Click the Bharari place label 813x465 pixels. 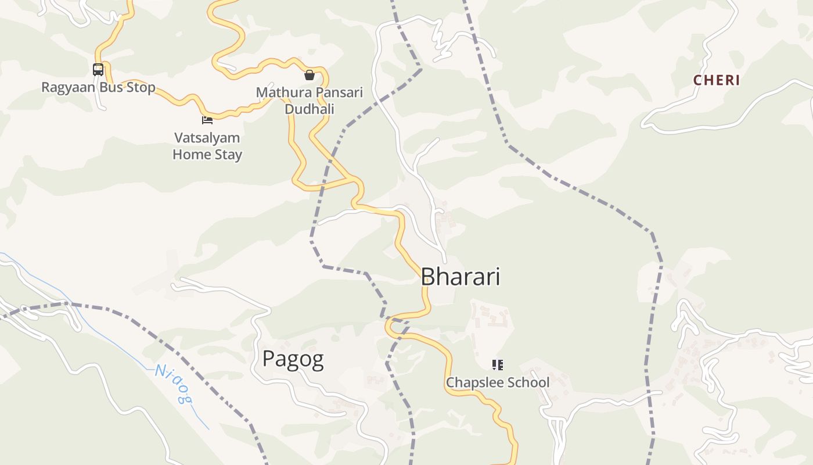coord(460,277)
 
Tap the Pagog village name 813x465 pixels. coord(293,359)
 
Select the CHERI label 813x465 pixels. coord(717,80)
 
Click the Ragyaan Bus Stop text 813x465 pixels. coord(98,88)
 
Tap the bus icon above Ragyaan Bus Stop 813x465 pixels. coord(98,70)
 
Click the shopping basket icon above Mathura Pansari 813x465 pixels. coord(310,75)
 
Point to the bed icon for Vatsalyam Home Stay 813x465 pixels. coord(207,120)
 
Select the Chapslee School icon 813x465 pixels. coord(497,365)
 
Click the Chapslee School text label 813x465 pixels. coord(497,382)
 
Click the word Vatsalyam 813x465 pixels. coord(207,138)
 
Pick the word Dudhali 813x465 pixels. coord(310,109)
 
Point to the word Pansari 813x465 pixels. coord(336,92)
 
